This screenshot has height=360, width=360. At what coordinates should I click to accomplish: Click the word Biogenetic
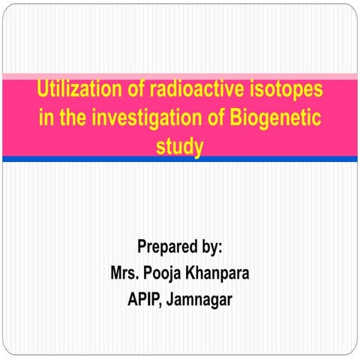point(277,118)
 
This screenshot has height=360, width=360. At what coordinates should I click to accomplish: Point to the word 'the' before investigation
point(70,118)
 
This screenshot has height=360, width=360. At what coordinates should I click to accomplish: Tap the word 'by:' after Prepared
point(214,247)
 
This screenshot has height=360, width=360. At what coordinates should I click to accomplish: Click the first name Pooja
point(168,272)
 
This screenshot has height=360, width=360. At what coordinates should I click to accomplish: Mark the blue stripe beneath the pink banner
point(180,159)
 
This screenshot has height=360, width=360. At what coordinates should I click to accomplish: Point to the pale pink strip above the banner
point(180,76)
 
